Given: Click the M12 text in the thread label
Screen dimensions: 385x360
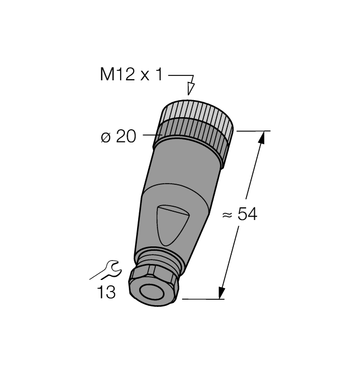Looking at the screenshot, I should [117, 75].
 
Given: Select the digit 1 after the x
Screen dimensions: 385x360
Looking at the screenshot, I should [160, 75].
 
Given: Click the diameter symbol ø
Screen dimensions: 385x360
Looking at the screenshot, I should [106, 137].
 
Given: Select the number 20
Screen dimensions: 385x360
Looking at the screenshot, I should [126, 136].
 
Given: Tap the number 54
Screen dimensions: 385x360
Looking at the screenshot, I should [247, 215].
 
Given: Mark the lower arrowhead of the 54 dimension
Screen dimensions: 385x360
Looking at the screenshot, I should [222, 292].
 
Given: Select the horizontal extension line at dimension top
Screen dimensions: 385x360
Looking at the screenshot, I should [253, 131].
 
